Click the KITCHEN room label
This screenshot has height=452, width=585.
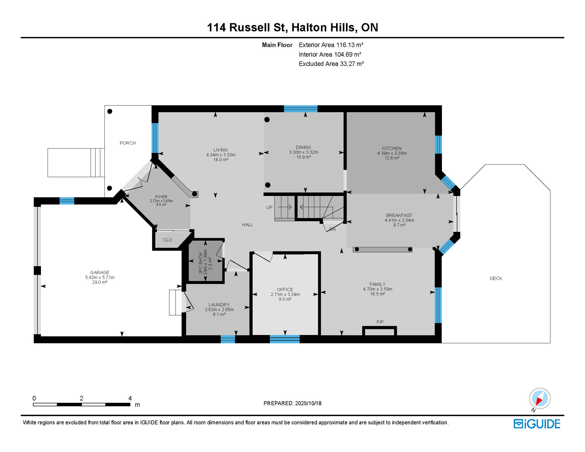pyautogui.click(x=392, y=148)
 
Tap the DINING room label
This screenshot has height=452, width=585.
pyautogui.click(x=303, y=147)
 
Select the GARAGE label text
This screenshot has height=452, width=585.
pyautogui.click(x=99, y=272)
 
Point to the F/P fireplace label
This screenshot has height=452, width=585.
pyautogui.click(x=380, y=322)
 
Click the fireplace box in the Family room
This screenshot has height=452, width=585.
pyautogui.click(x=380, y=332)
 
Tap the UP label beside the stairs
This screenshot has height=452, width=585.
pyautogui.click(x=269, y=207)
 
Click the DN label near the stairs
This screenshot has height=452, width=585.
pyautogui.click(x=332, y=229)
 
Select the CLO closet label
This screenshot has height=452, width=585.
pyautogui.click(x=167, y=240)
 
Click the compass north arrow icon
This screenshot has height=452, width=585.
pyautogui.click(x=540, y=399)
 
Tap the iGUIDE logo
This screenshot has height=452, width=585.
pyautogui.click(x=537, y=424)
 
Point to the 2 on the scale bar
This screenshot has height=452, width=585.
pyautogui.click(x=82, y=398)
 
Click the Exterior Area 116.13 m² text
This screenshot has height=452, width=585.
pyautogui.click(x=331, y=45)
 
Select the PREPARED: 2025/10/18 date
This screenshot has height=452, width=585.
pyautogui.click(x=292, y=403)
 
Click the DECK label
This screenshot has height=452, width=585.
pyautogui.click(x=496, y=278)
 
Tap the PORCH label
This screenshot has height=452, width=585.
pyautogui.click(x=127, y=143)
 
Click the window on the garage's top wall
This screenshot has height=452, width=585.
pyautogui.click(x=67, y=201)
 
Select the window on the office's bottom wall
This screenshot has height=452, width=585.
pyautogui.click(x=285, y=339)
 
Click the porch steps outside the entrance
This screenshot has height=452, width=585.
pyautogui.click(x=97, y=162)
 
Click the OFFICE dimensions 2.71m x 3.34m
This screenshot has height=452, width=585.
pyautogui.click(x=285, y=294)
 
